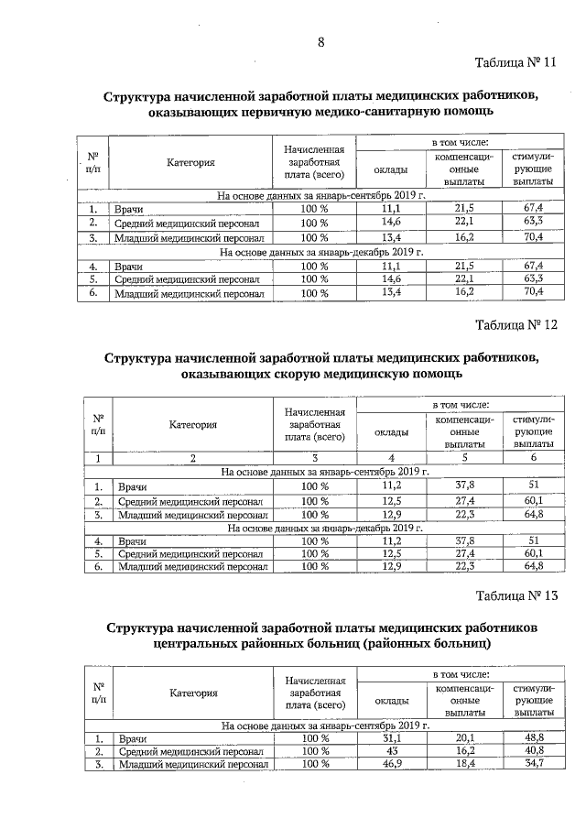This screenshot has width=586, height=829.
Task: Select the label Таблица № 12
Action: coord(516,325)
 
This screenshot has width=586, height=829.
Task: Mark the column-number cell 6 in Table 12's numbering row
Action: coord(531,458)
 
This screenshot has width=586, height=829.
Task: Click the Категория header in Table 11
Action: coord(190,163)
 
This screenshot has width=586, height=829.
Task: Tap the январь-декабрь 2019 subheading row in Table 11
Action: coord(320,250)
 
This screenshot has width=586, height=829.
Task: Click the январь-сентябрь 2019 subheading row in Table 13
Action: coord(320,725)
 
